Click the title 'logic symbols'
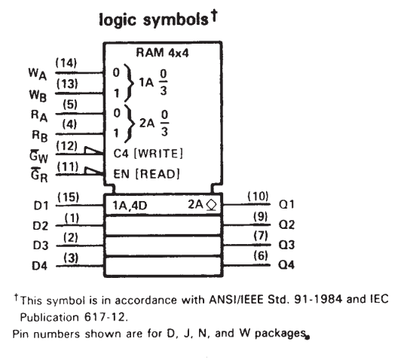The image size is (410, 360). [x=154, y=20]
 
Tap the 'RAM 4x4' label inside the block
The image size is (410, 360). [x=162, y=53]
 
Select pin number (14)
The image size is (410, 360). [x=66, y=63]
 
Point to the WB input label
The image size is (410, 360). [x=38, y=95]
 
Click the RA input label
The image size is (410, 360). [x=39, y=115]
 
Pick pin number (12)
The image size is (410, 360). [x=66, y=146]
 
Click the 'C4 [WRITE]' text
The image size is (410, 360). [x=148, y=154]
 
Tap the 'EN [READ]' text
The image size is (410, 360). [x=146, y=174]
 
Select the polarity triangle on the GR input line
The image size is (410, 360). [x=93, y=171]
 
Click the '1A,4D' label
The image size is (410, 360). [x=130, y=206]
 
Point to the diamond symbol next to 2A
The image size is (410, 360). [x=212, y=205]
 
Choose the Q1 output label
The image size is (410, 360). [x=286, y=204]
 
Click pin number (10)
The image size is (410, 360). [x=258, y=196]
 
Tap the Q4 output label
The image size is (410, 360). [x=286, y=265]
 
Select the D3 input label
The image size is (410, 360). [x=41, y=246]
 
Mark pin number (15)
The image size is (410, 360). [x=68, y=197]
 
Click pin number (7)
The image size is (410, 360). [x=261, y=236]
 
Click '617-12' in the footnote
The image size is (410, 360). [x=104, y=317]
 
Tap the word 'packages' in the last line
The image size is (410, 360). [x=280, y=334]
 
